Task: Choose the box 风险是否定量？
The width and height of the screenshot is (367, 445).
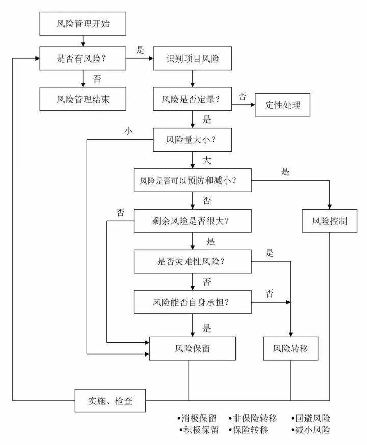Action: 192,99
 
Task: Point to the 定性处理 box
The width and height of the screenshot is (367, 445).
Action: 282,105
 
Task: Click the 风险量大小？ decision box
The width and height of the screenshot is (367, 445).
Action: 192,139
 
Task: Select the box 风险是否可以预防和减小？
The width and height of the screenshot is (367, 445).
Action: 192,180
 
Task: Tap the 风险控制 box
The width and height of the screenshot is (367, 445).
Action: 329,221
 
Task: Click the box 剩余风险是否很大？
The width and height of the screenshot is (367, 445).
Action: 192,221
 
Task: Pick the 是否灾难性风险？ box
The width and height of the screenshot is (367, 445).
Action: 192,262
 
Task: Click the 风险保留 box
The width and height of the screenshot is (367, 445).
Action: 192,349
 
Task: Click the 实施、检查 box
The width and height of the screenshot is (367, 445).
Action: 111,401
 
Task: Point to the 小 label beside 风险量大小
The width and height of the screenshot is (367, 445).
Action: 128,131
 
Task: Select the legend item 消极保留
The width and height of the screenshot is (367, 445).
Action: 198,419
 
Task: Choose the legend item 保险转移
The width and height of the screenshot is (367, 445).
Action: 252,430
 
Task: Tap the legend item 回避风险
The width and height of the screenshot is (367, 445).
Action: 312,419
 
